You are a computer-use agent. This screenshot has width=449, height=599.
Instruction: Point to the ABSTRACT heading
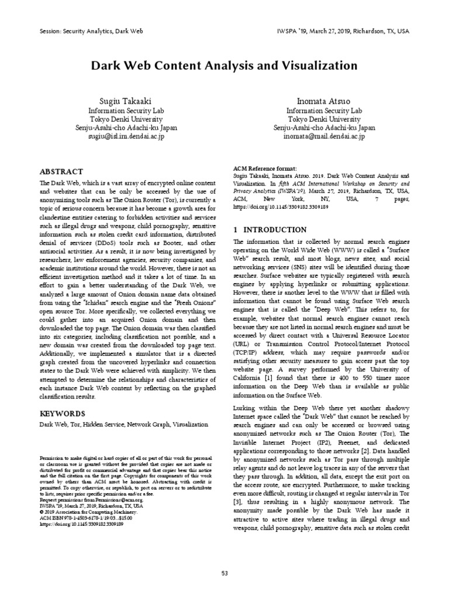tap(61, 172)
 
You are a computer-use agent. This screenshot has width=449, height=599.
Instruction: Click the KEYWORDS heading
tap(63, 413)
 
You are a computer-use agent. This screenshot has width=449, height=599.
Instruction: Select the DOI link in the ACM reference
tap(272, 207)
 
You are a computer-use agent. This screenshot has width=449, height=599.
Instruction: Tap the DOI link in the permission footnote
tap(81, 525)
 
